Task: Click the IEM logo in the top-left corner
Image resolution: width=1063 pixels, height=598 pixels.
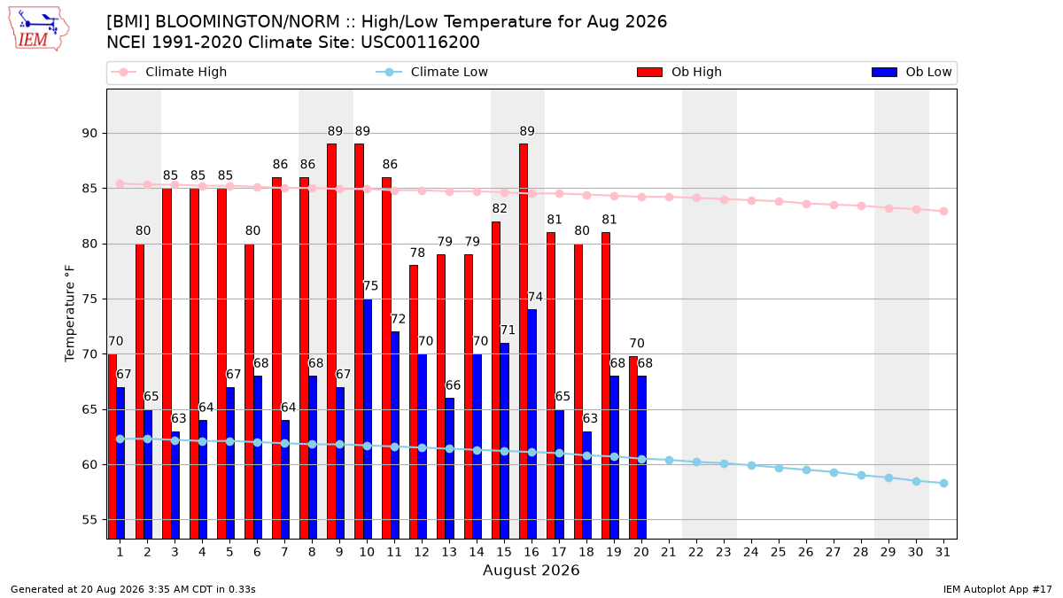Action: [38, 29]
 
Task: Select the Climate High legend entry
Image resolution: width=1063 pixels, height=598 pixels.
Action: [168, 72]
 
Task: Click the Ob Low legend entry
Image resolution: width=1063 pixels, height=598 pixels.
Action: [912, 72]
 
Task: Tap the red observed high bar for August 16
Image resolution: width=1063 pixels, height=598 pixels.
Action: [524, 341]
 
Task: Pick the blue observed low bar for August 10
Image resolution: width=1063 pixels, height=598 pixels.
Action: [368, 418]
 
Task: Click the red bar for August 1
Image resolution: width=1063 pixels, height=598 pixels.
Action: [112, 447]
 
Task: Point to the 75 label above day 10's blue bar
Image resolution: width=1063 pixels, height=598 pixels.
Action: [370, 286]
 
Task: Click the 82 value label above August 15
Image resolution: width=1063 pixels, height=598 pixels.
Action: [500, 208]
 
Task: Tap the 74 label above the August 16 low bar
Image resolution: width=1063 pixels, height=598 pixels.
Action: [535, 297]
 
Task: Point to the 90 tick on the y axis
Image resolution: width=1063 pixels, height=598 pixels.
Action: [89, 134]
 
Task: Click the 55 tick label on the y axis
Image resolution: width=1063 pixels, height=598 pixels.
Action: [89, 520]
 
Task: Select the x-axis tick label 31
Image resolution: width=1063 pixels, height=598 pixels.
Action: [943, 552]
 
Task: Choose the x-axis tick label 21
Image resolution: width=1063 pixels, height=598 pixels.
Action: [669, 552]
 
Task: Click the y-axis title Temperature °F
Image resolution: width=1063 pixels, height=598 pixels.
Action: [70, 314]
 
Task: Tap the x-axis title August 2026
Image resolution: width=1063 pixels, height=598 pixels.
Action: [531, 570]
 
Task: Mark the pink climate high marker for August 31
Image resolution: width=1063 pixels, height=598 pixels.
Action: [944, 211]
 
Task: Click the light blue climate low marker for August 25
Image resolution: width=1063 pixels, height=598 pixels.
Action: [779, 468]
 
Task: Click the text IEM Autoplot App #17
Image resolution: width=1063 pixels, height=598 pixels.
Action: [997, 589]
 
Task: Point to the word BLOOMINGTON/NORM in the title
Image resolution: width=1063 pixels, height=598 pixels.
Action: [248, 22]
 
